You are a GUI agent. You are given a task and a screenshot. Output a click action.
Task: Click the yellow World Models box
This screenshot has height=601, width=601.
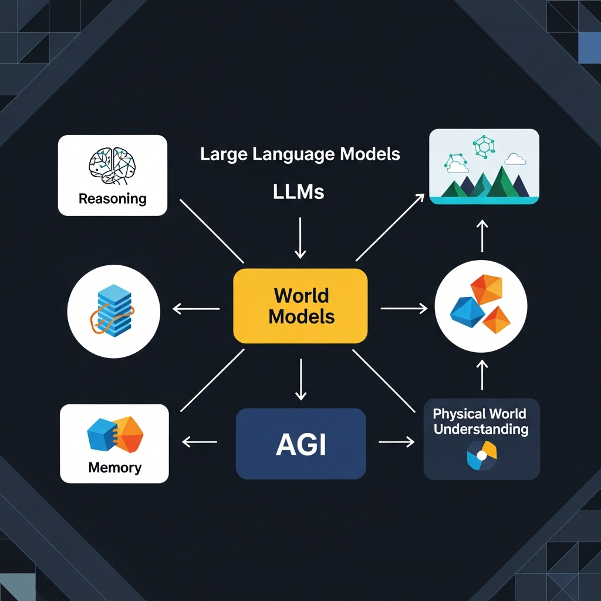coord(300,305)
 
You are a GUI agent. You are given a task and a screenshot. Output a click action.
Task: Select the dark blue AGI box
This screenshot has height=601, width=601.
coord(300,443)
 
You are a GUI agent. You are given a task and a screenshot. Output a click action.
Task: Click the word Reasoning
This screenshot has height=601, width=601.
coord(112,198)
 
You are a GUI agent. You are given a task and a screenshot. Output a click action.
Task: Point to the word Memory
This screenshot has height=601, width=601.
coord(114,468)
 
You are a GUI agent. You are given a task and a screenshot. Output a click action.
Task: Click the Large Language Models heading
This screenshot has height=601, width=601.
coord(300,154)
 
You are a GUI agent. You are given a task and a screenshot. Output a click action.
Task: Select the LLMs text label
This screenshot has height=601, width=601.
coord(298,193)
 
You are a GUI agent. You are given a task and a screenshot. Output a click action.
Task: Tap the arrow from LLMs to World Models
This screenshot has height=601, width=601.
coord(300,237)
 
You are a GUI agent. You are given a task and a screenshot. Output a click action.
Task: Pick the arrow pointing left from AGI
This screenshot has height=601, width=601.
coord(200,443)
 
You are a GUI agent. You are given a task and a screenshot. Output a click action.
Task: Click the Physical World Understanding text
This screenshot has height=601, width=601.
coord(481,421)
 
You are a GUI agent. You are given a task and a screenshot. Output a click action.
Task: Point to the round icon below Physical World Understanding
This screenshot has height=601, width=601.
coord(481,456)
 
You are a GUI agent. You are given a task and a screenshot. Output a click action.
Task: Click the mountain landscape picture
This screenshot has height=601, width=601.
coord(484,167)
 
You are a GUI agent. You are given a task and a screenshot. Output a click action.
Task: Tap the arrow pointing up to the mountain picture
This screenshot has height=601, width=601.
coord(482,235)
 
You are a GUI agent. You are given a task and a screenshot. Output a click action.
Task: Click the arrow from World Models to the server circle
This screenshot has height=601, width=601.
coord(196,308)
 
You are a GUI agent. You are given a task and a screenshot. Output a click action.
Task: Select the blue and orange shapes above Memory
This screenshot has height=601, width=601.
coord(114,435)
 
